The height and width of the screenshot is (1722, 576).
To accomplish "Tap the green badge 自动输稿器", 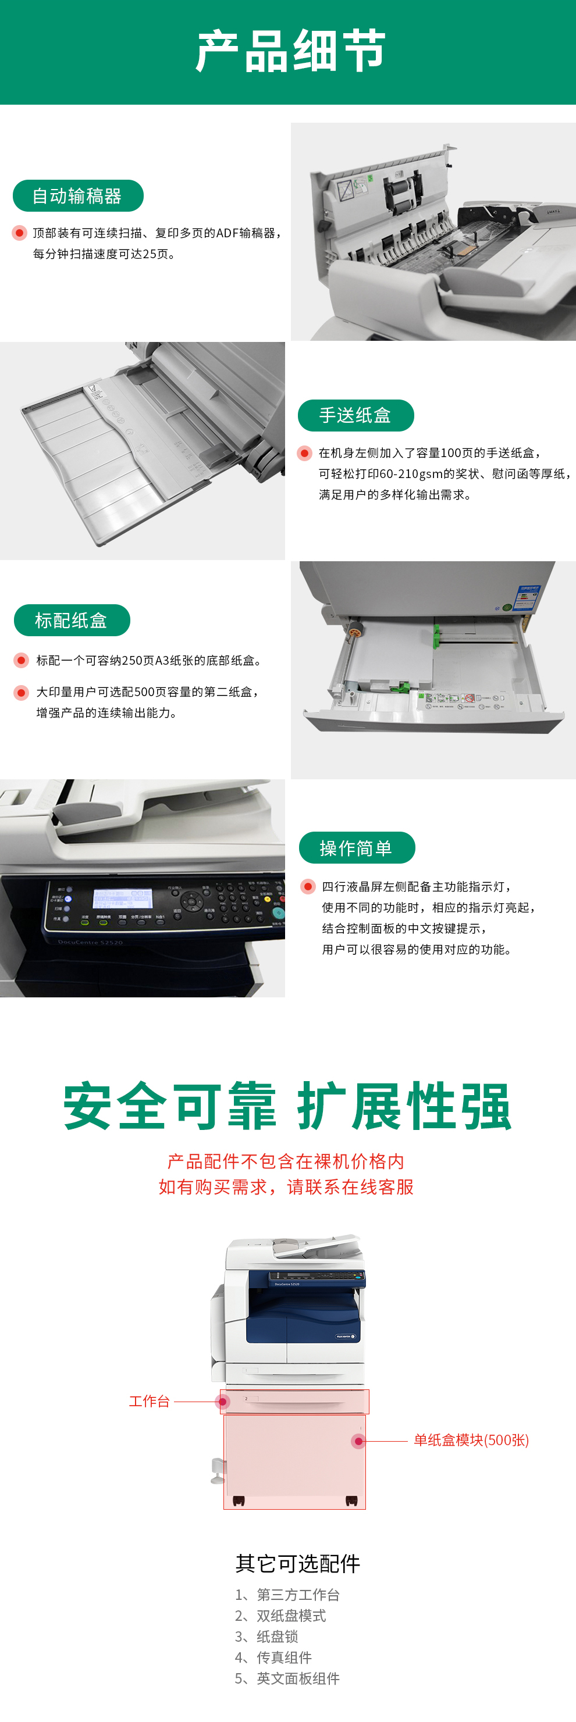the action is tap(77, 196).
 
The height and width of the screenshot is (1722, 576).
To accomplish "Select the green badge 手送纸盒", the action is tap(355, 415).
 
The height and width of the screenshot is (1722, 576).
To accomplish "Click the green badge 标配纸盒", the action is tap(72, 621).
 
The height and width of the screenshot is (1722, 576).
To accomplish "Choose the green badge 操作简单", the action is tap(357, 848).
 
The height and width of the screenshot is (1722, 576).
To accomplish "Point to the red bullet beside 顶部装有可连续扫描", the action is tap(19, 233).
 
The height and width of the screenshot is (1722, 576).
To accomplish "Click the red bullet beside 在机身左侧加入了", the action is tap(304, 453).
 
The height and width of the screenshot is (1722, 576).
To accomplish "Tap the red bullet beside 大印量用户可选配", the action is tap(22, 692).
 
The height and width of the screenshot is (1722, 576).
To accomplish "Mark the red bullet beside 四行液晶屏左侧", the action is tap(308, 886).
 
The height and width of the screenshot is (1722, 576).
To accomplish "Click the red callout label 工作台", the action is tap(149, 1401).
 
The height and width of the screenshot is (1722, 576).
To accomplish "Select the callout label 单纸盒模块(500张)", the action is tap(471, 1440).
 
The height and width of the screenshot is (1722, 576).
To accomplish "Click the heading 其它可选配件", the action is tap(298, 1564).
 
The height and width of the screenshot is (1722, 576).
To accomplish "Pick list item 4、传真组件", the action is tap(273, 1657).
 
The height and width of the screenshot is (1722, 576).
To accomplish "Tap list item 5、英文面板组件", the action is tap(287, 1678).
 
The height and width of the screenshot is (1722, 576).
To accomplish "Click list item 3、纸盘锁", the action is tap(266, 1637).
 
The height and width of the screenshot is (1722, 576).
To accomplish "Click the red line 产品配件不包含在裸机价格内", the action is tap(286, 1161).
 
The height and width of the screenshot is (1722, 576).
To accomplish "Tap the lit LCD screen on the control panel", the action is tap(122, 898).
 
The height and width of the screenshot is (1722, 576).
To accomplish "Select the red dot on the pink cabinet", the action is tap(358, 1441).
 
